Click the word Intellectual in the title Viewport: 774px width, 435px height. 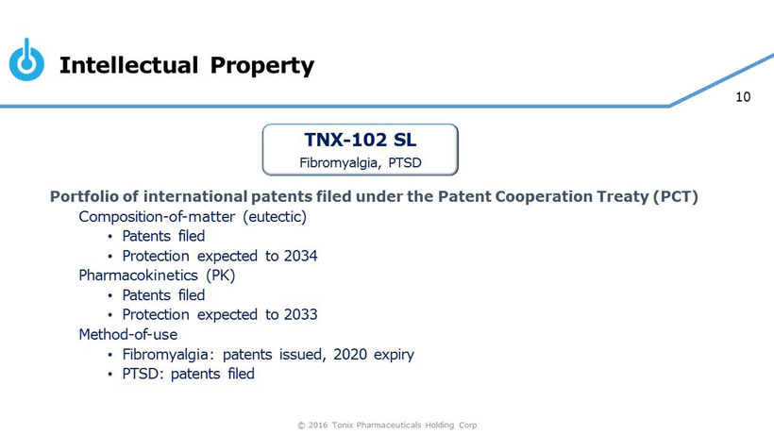(128, 65)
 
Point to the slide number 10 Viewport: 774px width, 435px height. (743, 96)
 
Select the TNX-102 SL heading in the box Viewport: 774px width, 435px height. (361, 140)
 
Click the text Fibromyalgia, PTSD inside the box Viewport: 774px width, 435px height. (361, 162)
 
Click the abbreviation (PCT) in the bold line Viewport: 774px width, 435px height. (676, 196)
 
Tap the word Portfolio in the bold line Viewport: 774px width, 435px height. (84, 196)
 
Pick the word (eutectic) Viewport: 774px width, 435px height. (275, 216)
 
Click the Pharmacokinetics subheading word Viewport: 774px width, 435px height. (138, 276)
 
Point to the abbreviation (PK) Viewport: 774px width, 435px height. (221, 276)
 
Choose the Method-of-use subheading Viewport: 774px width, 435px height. (128, 334)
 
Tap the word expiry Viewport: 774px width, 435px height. (394, 355)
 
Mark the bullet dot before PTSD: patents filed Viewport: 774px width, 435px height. (110, 375)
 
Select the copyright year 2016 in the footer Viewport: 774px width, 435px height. (318, 426)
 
